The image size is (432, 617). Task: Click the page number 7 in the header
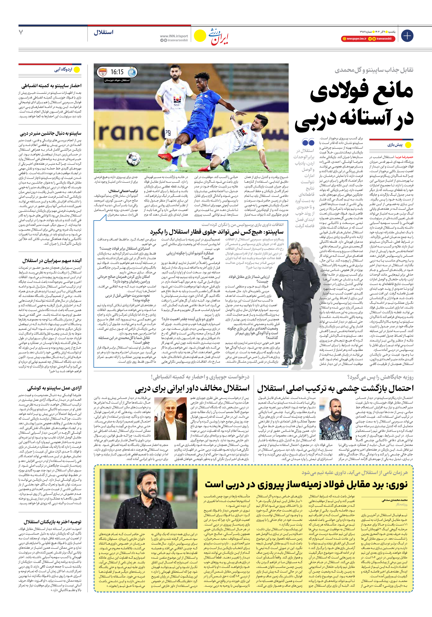click(x=21, y=32)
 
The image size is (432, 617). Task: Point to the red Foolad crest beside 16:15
click(x=102, y=72)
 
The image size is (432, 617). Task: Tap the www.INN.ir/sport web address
click(x=174, y=36)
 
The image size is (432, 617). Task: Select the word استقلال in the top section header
click(x=104, y=32)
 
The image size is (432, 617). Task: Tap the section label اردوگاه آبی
click(x=63, y=70)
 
